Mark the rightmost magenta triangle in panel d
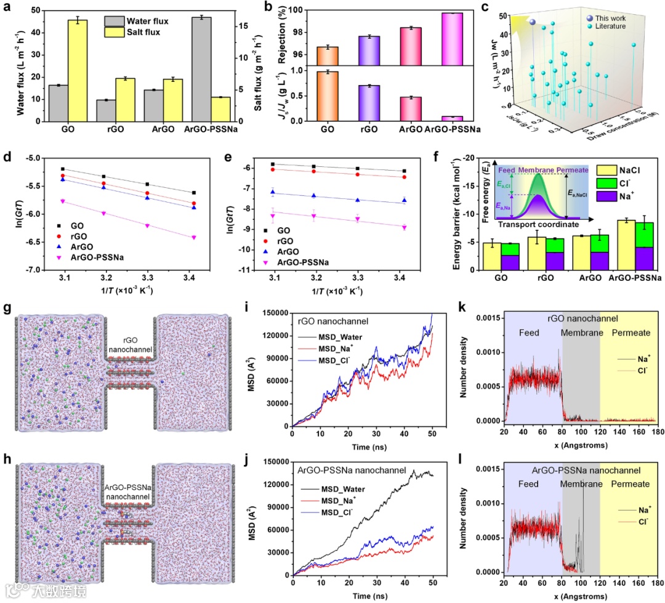tap(193, 237)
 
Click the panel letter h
tap(6, 460)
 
